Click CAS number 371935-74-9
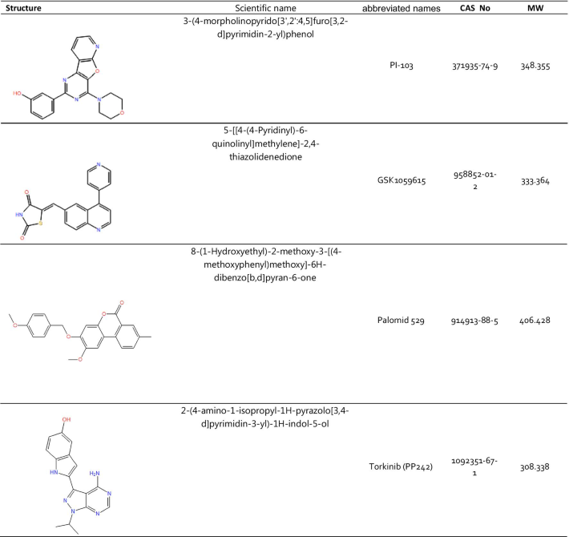(475, 67)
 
